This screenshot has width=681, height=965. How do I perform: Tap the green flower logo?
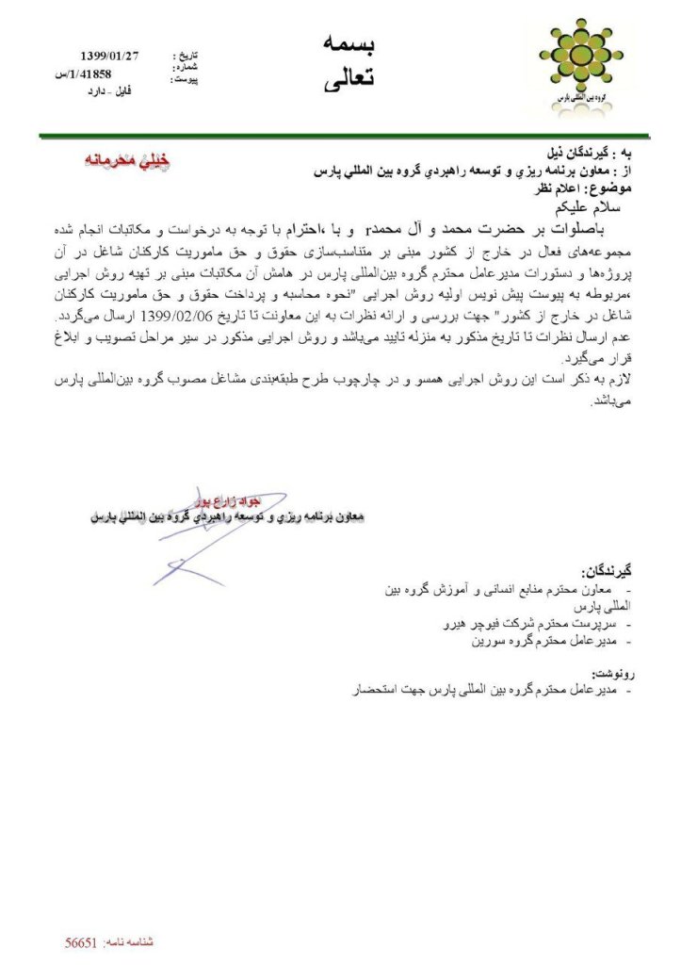click(x=575, y=67)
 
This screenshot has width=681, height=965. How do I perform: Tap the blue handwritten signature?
click(x=188, y=547)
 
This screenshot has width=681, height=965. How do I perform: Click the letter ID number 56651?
click(x=83, y=941)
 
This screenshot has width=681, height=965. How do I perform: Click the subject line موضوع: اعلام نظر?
click(x=592, y=187)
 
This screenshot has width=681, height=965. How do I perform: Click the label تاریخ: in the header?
click(x=186, y=57)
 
